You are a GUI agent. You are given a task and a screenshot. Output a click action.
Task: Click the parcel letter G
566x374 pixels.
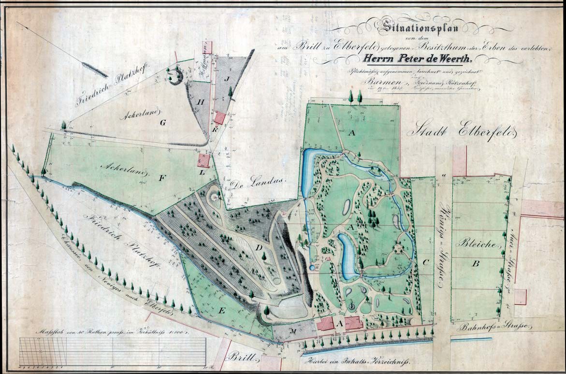click(x=163, y=123)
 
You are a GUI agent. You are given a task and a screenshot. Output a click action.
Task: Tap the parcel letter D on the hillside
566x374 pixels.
click(x=259, y=248)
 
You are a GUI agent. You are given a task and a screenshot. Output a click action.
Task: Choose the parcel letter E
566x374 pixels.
click(x=221, y=311)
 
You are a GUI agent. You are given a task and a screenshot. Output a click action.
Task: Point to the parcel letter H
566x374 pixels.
click(x=201, y=101)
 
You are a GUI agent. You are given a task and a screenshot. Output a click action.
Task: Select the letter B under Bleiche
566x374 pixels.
click(x=476, y=263)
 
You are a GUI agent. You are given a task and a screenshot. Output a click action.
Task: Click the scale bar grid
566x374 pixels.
click(x=113, y=351)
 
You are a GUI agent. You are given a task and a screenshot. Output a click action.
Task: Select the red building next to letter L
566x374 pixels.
click(x=203, y=160)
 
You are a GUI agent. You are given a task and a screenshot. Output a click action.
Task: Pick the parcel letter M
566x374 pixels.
click(x=293, y=331)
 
